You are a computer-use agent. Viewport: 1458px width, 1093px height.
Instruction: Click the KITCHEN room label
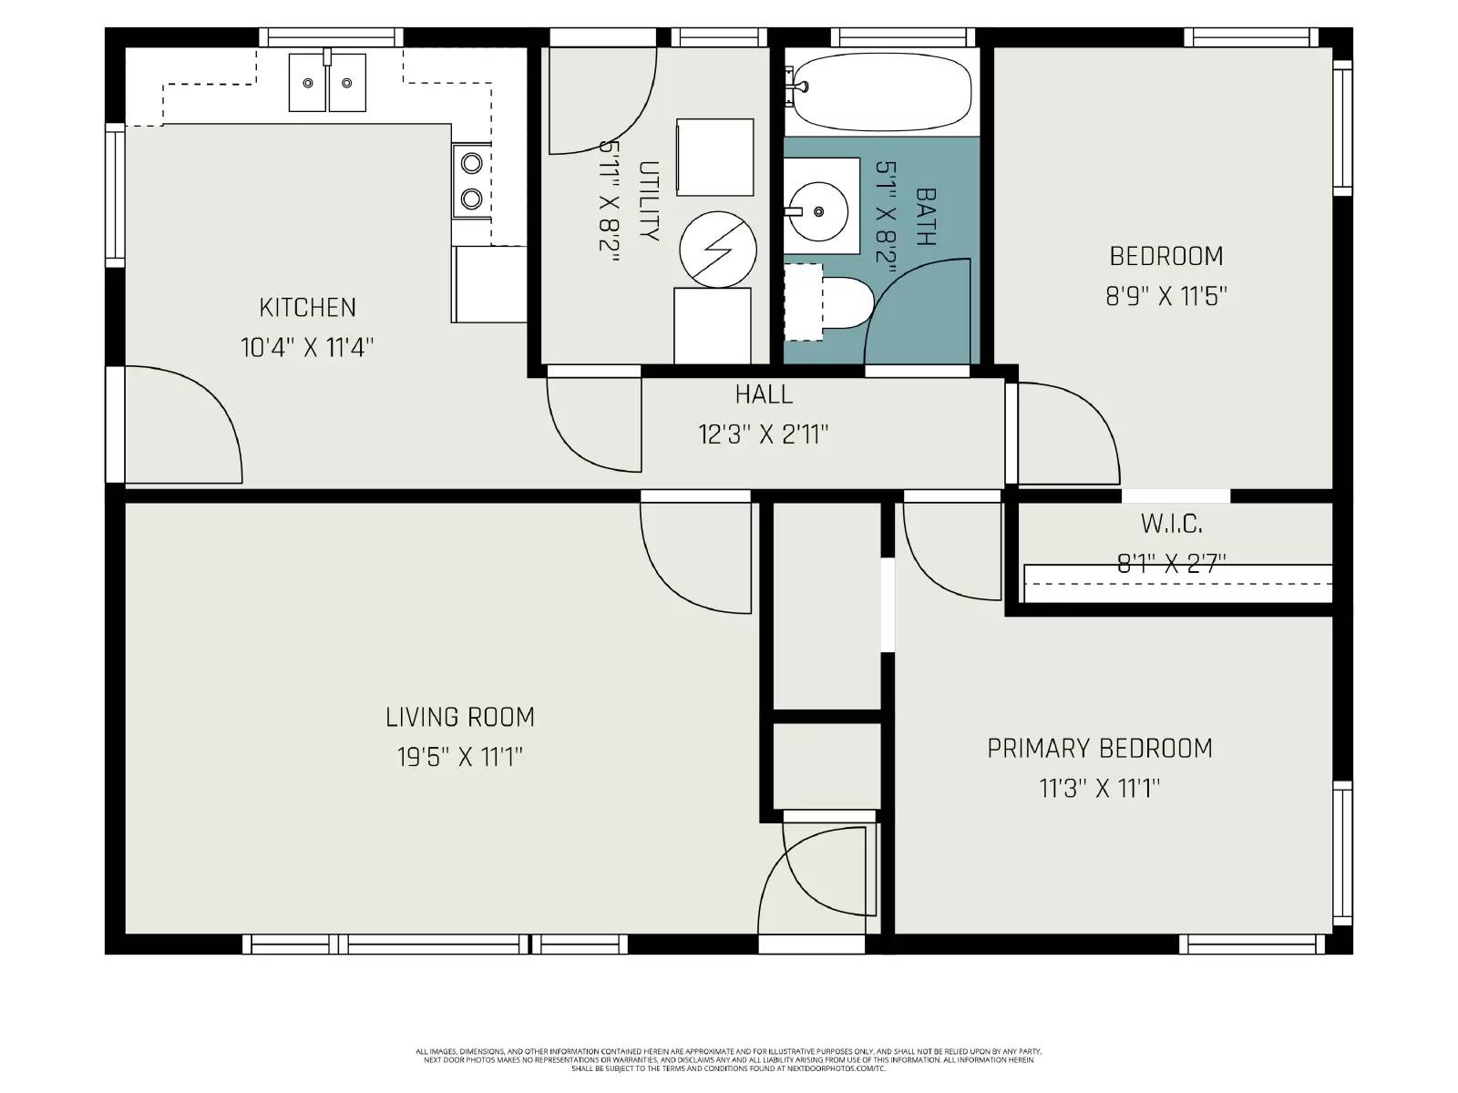[307, 308]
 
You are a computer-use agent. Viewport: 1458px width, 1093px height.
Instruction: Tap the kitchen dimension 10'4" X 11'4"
[307, 348]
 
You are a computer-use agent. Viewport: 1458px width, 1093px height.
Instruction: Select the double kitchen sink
[328, 82]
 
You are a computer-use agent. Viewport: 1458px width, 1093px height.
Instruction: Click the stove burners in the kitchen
[471, 180]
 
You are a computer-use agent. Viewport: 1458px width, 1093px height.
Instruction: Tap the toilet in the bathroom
[843, 304]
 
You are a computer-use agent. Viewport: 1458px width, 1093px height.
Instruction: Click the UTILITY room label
[649, 201]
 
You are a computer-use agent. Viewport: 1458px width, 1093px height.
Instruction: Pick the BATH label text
[926, 217]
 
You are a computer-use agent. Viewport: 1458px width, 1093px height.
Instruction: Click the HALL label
[764, 394]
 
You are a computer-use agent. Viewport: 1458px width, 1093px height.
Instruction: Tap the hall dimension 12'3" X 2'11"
[764, 434]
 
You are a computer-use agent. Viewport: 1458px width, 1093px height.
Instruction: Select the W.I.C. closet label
[1171, 525]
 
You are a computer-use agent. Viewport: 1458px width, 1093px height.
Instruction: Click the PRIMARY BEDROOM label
[1100, 749]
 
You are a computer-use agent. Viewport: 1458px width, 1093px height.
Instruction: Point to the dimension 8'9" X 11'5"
[1166, 297]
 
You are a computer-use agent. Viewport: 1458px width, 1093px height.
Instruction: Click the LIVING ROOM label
[460, 718]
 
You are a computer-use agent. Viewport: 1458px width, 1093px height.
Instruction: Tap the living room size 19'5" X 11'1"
[460, 758]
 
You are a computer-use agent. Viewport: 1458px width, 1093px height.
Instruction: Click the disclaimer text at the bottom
[728, 1059]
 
